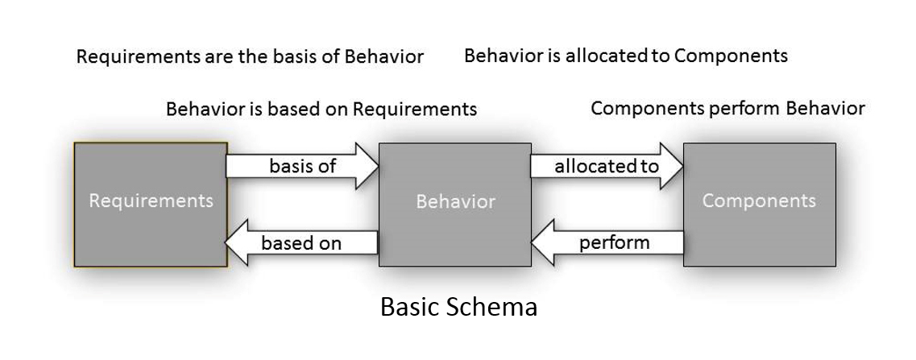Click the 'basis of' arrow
point(302,167)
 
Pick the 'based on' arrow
point(302,242)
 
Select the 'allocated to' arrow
point(606,167)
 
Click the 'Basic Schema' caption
point(458,307)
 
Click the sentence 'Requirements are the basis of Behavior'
point(250,57)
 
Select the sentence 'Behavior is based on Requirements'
point(321,109)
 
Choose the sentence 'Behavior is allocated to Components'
point(625,56)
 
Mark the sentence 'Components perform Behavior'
point(727,108)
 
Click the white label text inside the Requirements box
point(151,201)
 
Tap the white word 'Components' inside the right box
point(759,201)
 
